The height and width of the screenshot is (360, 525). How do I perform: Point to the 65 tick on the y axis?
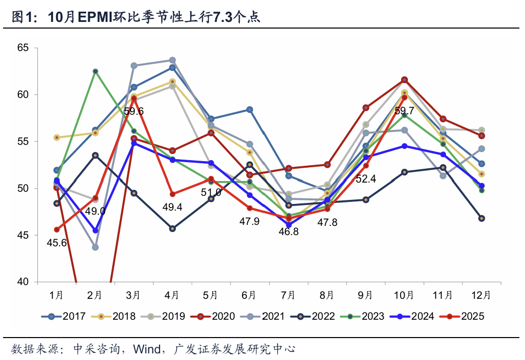pyautogui.click(x=24, y=48)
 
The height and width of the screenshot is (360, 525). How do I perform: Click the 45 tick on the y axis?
pyautogui.click(x=24, y=235)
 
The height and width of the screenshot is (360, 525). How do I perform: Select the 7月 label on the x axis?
pyautogui.click(x=288, y=295)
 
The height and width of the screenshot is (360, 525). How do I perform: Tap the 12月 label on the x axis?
pyautogui.click(x=481, y=295)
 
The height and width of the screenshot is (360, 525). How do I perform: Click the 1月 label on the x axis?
pyautogui.click(x=57, y=295)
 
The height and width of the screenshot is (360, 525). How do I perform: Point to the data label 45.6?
pyautogui.click(x=57, y=243)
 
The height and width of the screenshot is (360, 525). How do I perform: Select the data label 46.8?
pyautogui.click(x=288, y=231)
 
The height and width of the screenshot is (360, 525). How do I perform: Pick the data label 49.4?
pyautogui.click(x=173, y=207)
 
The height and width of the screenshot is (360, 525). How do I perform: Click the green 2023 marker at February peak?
pyautogui.click(x=95, y=71)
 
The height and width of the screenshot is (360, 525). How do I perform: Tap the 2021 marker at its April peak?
pyautogui.click(x=172, y=60)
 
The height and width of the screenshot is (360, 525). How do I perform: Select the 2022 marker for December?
pyautogui.click(x=482, y=218)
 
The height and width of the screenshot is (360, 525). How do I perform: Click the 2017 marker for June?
pyautogui.click(x=250, y=110)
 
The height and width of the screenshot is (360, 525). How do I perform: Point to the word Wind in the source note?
pyautogui.click(x=145, y=349)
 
